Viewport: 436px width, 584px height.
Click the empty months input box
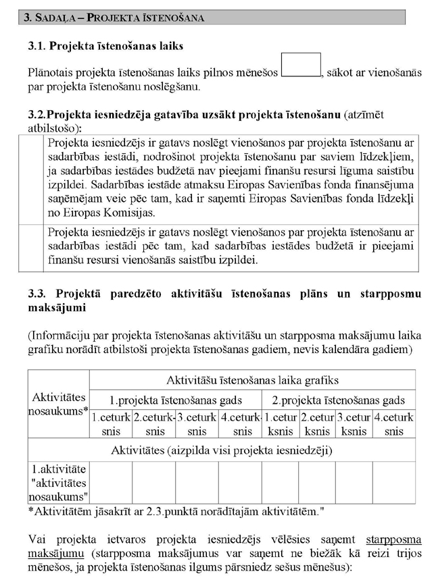point(301,65)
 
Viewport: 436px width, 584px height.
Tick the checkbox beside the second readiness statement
point(30,246)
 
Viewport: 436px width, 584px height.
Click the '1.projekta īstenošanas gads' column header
point(176,400)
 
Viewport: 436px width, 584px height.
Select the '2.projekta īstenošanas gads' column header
point(338,400)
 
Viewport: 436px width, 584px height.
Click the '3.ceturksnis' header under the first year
point(197,424)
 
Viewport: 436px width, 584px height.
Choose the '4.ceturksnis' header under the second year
point(394,424)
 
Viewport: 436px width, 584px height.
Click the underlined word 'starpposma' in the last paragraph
point(393,539)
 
